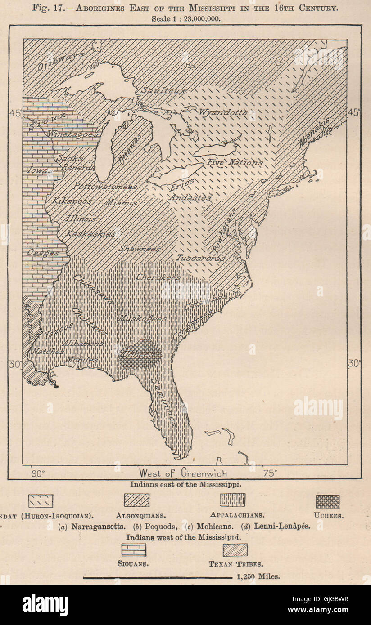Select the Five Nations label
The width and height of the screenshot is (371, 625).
tap(234, 162)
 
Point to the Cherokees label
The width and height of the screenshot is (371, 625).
tap(158, 277)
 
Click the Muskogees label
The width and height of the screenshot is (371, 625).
tap(142, 318)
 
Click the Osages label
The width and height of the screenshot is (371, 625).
tap(43, 253)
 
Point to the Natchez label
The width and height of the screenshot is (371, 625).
tap(47, 351)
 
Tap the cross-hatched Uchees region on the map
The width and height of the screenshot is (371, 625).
tap(140, 354)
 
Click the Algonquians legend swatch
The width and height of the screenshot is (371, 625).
tap(136, 500)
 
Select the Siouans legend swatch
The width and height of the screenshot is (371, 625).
tap(134, 549)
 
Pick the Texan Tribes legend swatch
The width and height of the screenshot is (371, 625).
tap(235, 549)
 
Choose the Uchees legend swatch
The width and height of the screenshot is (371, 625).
tap(328, 501)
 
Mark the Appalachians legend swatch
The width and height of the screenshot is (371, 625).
tap(232, 500)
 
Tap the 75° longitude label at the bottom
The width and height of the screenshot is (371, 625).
tap(270, 473)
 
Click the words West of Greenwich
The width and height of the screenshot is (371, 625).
tap(183, 473)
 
